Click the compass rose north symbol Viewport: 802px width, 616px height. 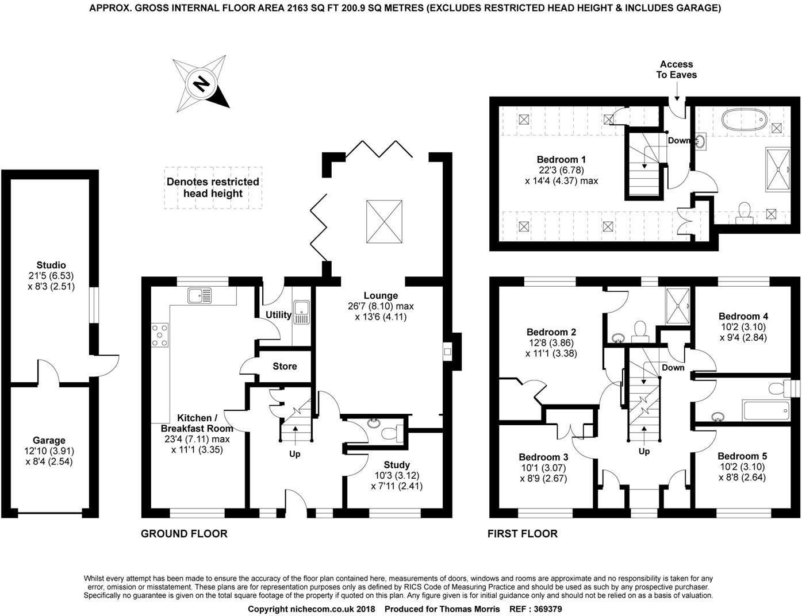tap(202, 84)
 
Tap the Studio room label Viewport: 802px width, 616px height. tap(51, 275)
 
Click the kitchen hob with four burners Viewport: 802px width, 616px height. tap(160, 335)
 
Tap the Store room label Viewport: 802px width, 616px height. tap(285, 366)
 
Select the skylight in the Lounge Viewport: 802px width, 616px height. tap(383, 222)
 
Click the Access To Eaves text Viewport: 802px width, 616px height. tap(677, 70)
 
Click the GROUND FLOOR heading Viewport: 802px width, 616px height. tap(184, 534)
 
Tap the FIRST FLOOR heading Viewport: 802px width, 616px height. tap(522, 534)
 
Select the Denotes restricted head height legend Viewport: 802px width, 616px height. tap(213, 187)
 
